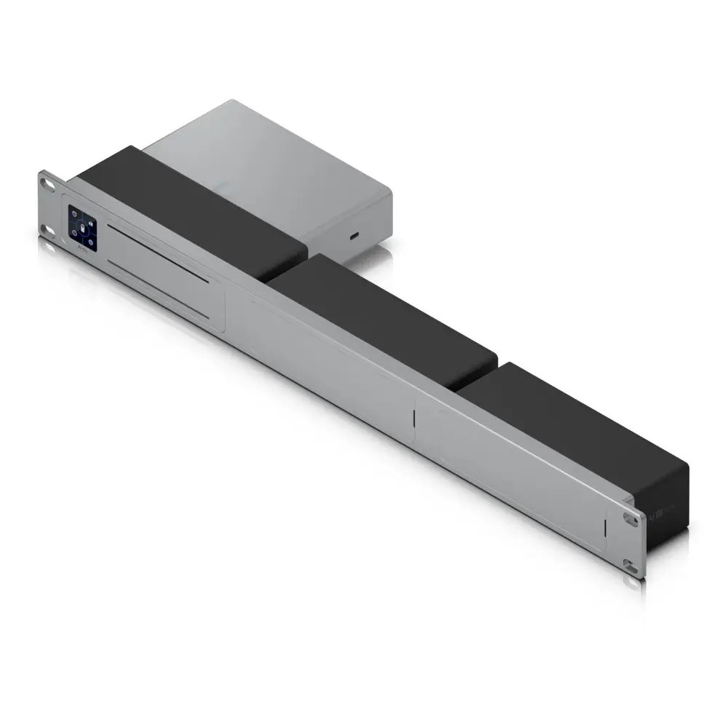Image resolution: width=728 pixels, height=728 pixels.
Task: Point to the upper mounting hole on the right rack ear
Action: tap(630, 519)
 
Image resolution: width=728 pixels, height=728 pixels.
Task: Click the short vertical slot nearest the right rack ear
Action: tap(606, 529)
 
